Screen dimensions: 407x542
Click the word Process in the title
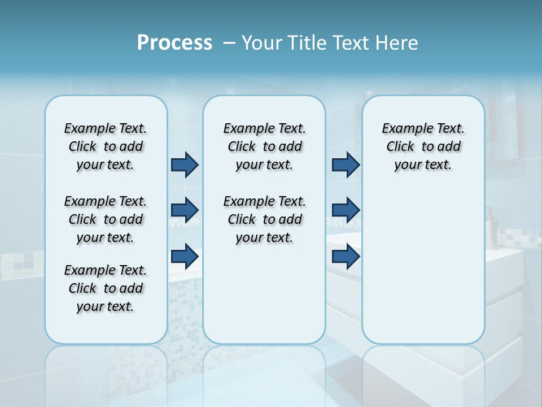click(x=174, y=42)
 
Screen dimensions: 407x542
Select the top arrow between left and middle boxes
click(x=185, y=164)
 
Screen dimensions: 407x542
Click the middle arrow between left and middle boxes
click(x=185, y=210)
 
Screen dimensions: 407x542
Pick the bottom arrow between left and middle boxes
click(x=185, y=256)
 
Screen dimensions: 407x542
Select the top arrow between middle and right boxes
click(x=346, y=164)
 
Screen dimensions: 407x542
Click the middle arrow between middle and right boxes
click(x=346, y=210)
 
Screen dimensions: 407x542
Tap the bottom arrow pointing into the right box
click(x=346, y=256)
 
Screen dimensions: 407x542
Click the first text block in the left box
click(x=106, y=146)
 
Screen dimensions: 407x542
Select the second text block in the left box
click(x=106, y=219)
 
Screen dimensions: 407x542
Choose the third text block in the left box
click(x=106, y=288)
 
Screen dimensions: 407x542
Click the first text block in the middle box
click(x=264, y=146)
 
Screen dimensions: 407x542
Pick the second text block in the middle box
click(x=264, y=219)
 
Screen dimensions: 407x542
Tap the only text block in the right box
click(x=423, y=146)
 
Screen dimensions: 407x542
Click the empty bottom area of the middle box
click(x=264, y=300)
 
